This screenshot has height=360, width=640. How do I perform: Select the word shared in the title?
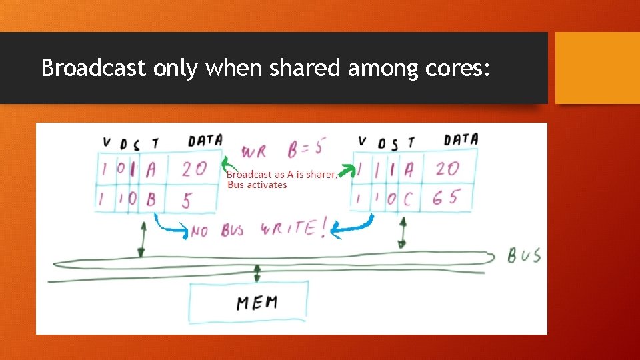pyautogui.click(x=304, y=68)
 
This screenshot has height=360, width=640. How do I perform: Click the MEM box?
pyautogui.click(x=248, y=303)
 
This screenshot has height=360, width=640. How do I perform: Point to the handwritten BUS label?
pyautogui.click(x=524, y=255)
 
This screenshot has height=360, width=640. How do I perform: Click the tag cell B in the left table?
pyautogui.click(x=151, y=199)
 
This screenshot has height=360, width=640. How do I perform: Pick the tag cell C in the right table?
pyautogui.click(x=408, y=197)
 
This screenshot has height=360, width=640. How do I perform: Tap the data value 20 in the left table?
pyautogui.click(x=194, y=169)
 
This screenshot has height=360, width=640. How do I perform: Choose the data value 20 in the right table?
pyautogui.click(x=448, y=168)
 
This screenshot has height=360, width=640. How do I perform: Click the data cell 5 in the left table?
pyautogui.click(x=187, y=199)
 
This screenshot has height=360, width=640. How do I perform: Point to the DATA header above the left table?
pyautogui.click(x=205, y=140)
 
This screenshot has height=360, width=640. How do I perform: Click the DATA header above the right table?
pyautogui.click(x=461, y=139)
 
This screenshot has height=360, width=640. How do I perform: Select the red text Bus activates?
pyautogui.click(x=257, y=185)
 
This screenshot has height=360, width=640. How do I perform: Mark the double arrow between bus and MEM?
pyautogui.click(x=257, y=272)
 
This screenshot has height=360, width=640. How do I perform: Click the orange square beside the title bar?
pyautogui.click(x=597, y=68)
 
